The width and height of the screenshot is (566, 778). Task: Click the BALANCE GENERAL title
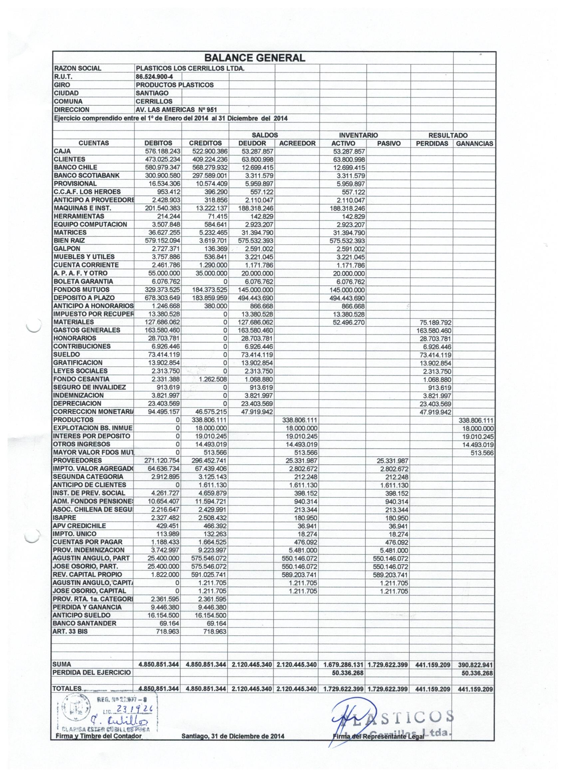click(254, 58)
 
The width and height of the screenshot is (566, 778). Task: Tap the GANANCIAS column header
click(474, 143)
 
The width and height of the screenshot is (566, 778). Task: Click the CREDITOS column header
click(205, 143)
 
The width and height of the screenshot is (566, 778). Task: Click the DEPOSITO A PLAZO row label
click(84, 298)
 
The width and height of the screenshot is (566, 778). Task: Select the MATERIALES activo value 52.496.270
click(349, 322)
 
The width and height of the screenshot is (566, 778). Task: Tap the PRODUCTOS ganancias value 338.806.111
click(476, 420)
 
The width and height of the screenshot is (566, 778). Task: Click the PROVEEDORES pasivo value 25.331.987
click(393, 461)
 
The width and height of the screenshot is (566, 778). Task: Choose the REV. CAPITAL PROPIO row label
click(88, 575)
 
